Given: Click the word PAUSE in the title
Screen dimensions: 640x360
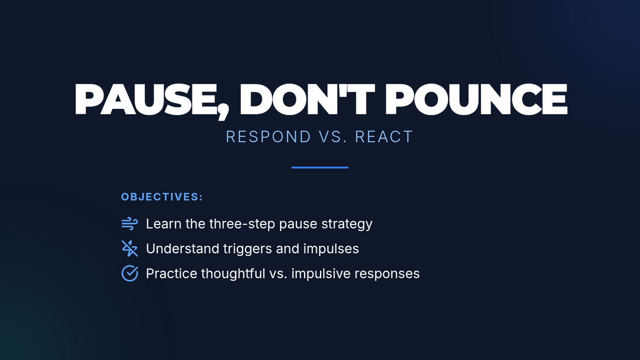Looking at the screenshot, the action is [146, 99].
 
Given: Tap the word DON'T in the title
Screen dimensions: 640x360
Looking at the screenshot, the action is [307, 99].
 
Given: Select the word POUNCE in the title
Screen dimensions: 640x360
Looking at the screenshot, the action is [476, 99].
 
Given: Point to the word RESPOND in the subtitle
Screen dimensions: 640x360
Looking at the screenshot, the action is [268, 137].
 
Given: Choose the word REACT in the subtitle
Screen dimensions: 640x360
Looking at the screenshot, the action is [384, 137].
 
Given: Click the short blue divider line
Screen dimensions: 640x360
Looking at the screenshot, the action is [320, 167].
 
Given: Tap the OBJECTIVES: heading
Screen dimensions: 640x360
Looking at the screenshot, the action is [162, 197].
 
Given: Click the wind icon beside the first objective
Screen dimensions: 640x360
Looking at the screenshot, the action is [130, 223].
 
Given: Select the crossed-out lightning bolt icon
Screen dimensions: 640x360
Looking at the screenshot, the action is [130, 249].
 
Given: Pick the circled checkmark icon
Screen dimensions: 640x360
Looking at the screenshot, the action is [130, 274].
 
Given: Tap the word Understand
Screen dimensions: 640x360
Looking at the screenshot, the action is [182, 249].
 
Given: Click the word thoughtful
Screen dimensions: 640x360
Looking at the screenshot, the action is [233, 274].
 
